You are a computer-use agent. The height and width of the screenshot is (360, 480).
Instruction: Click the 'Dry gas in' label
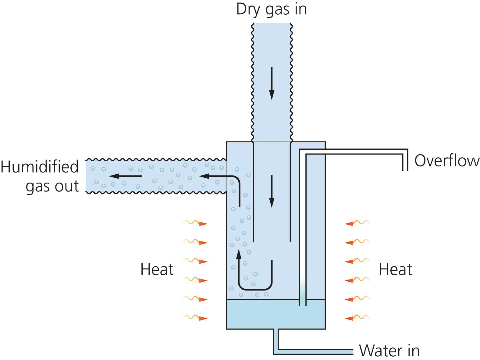click(x=271, y=9)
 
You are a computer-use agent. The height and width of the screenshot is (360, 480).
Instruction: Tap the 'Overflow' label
click(x=446, y=161)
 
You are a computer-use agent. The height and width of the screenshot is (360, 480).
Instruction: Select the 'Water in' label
click(x=389, y=351)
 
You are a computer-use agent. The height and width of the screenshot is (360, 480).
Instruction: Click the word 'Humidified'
click(x=40, y=167)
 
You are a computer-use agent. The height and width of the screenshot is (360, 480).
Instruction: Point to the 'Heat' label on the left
click(x=157, y=269)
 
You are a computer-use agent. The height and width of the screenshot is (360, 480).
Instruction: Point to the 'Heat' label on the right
click(x=395, y=269)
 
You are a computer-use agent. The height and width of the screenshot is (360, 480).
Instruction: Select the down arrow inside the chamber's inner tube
click(x=271, y=191)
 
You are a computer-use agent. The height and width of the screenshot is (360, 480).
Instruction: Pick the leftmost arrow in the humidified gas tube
click(x=125, y=176)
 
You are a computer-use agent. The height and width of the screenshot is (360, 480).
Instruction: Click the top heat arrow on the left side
click(x=195, y=223)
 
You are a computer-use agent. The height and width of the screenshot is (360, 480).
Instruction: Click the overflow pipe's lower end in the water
click(x=302, y=303)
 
